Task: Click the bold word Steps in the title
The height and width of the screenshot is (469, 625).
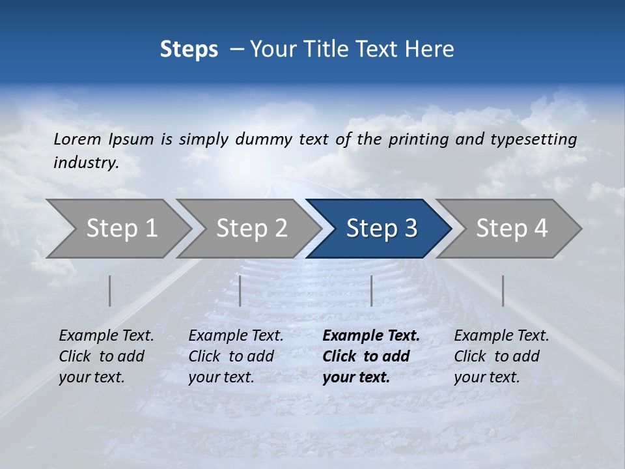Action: pos(189,49)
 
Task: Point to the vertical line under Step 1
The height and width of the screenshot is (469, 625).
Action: pos(110,291)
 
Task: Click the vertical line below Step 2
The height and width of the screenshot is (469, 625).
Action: pos(240,291)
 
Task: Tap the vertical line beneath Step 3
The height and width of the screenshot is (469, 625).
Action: pos(371,291)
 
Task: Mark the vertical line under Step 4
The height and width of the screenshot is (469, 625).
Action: pos(503,291)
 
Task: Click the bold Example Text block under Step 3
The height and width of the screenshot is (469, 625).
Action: pos(370,356)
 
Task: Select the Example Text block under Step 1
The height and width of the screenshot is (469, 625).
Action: pos(106,356)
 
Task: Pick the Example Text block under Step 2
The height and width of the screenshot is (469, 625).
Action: pos(236,356)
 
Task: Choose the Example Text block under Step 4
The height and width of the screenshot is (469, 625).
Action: pos(501,356)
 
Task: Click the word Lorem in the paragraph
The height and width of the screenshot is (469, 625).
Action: pos(77,139)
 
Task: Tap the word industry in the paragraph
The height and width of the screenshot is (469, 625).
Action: pos(85,162)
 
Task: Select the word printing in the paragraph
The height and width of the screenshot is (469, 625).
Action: pos(419,139)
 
